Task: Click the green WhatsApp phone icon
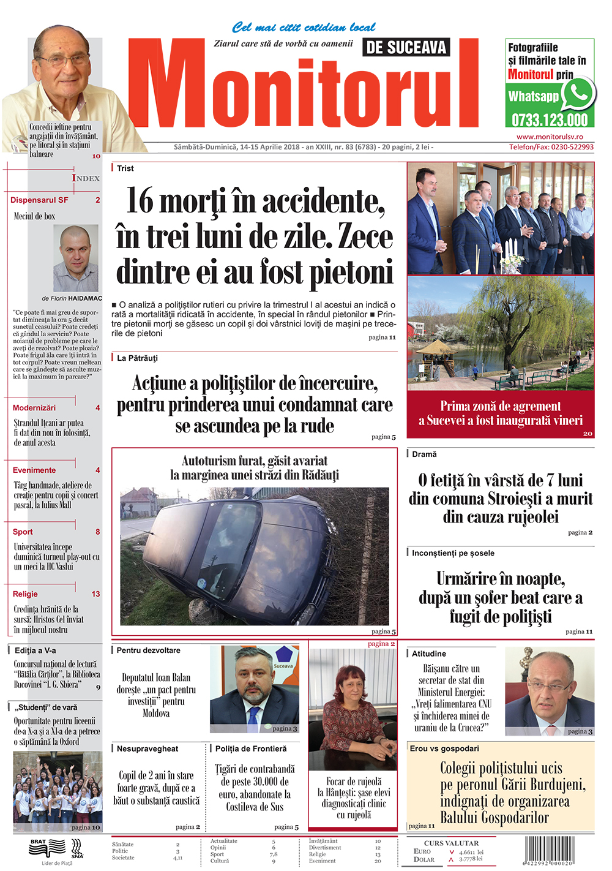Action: (577, 94)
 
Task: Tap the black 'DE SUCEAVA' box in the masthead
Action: (406, 47)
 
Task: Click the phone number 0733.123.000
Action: (550, 119)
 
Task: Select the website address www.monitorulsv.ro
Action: (550, 137)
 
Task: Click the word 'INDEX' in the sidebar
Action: (86, 178)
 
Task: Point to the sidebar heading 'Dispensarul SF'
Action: (39, 200)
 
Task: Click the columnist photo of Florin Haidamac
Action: (76, 258)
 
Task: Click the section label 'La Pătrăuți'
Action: (137, 358)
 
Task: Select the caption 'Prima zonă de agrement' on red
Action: (501, 406)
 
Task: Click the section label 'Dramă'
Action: (424, 454)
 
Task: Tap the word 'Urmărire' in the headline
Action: (466, 579)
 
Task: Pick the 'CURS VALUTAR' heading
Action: (452, 843)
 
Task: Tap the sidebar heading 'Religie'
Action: (25, 594)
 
